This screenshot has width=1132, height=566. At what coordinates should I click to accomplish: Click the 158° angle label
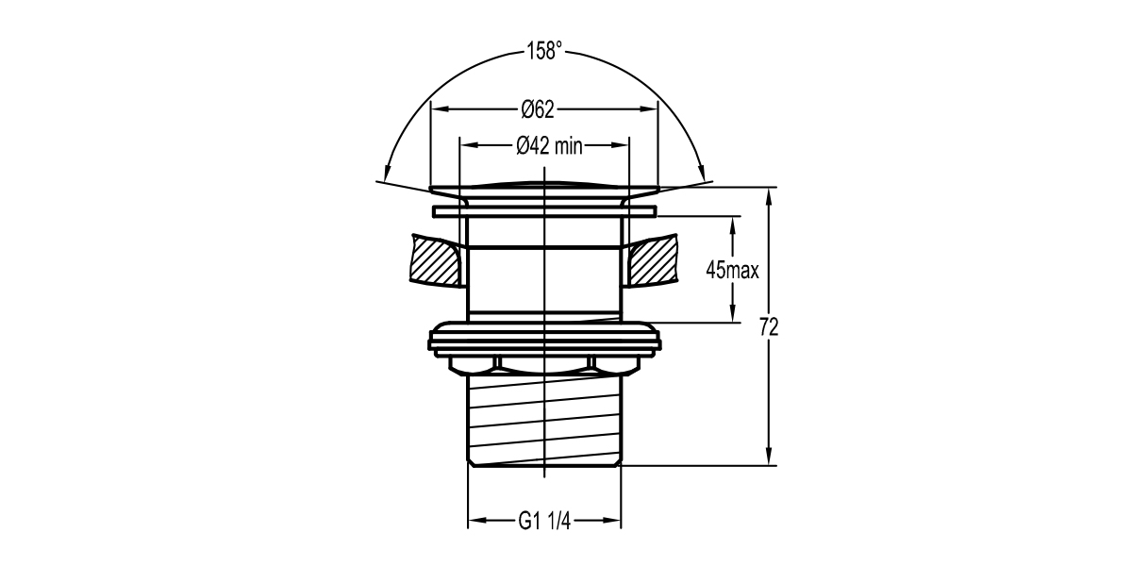point(544,52)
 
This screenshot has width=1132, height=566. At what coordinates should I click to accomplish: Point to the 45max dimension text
point(733,271)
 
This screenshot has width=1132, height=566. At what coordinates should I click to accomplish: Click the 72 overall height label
point(769,327)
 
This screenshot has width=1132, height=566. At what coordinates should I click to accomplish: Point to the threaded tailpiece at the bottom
point(544,415)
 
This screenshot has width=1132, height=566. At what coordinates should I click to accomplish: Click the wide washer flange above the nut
point(544,337)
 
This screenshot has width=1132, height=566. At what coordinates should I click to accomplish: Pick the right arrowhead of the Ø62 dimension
point(650,109)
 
